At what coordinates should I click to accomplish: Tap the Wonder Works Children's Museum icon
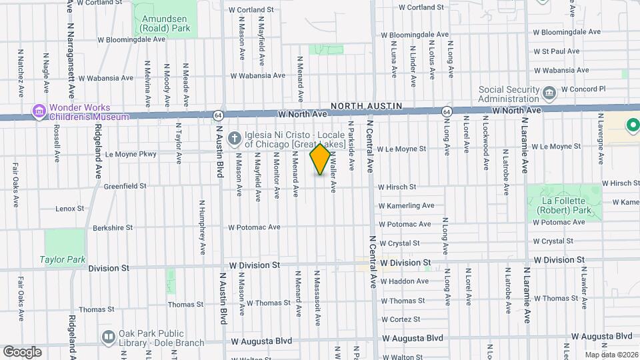tap(39, 111)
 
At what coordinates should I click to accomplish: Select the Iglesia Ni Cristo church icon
tap(233, 139)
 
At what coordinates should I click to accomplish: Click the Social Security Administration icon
tap(549, 92)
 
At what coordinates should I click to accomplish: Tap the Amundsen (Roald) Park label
tap(165, 23)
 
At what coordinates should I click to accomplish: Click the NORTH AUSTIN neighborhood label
tap(366, 106)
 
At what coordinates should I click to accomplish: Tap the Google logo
tap(22, 351)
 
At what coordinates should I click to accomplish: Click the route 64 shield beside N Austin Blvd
tap(218, 116)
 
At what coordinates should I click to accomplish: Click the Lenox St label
tap(70, 209)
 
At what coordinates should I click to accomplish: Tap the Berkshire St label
tap(113, 227)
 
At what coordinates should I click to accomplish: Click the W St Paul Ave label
tap(555, 51)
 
